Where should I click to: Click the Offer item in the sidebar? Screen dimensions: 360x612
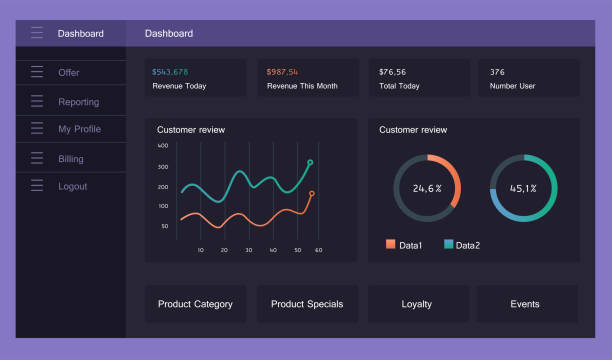(x=68, y=73)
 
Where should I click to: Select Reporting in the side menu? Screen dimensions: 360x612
(x=78, y=102)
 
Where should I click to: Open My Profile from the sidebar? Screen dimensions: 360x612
(x=79, y=129)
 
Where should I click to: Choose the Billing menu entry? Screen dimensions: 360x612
(x=71, y=159)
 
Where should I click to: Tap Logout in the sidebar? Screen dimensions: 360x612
(x=72, y=186)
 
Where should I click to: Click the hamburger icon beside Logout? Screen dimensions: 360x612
(x=37, y=186)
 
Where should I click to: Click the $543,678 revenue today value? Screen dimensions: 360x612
(x=170, y=72)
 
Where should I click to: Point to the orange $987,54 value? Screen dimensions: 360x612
(x=284, y=72)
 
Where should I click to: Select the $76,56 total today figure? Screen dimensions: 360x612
(x=392, y=72)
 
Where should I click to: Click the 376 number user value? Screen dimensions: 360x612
(x=497, y=72)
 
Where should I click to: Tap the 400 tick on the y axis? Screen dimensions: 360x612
(x=163, y=146)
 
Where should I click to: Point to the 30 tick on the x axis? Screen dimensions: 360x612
(x=248, y=250)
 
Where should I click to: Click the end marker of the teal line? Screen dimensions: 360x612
(x=310, y=162)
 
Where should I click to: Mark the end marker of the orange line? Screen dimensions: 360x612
(x=312, y=194)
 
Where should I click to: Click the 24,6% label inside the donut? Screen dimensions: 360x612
(x=427, y=188)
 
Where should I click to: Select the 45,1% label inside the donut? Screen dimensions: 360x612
(x=523, y=188)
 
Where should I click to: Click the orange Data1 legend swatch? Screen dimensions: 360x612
(x=390, y=244)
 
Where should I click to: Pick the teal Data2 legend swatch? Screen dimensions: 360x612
(x=448, y=244)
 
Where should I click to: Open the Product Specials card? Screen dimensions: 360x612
(x=307, y=304)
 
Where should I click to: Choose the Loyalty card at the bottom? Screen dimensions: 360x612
(x=417, y=304)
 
